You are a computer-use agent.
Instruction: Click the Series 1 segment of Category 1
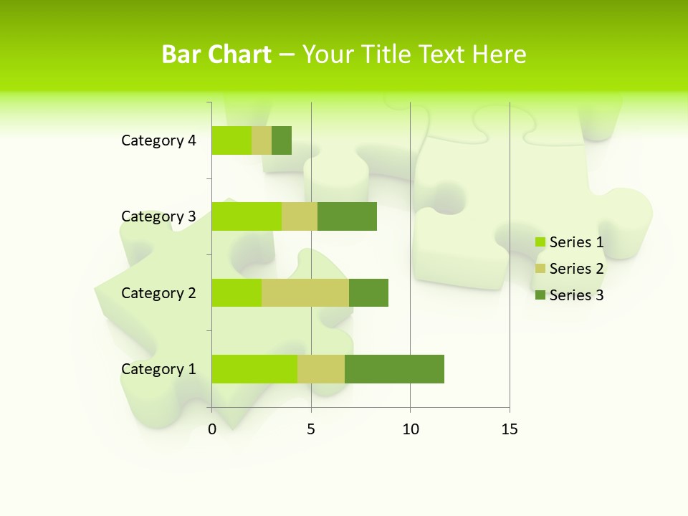coord(254,368)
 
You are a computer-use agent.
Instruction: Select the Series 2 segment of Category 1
coord(320,368)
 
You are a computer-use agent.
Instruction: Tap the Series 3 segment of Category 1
coord(394,368)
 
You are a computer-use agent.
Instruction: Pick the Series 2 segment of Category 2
coord(305,292)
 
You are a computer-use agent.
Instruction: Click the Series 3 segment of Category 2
coord(368,292)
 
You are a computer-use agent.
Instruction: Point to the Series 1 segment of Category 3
coord(247,216)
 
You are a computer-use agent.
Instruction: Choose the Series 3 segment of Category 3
coord(347,216)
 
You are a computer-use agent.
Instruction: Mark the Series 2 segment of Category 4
coord(262,140)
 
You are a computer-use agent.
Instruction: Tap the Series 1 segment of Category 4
coord(231,140)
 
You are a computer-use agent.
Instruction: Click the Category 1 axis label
coord(158,369)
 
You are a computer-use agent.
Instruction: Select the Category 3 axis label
coord(158,216)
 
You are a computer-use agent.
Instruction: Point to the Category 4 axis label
coord(158,140)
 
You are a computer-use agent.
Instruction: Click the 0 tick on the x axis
coord(212,429)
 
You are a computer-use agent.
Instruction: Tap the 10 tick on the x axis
coord(410,429)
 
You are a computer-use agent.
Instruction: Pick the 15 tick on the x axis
coord(510,429)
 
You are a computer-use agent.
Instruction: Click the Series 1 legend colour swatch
coord(540,242)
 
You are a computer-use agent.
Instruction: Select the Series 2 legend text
coord(576,269)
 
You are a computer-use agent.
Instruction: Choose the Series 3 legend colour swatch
coord(540,295)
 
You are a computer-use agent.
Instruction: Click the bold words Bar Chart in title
coord(216,54)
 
